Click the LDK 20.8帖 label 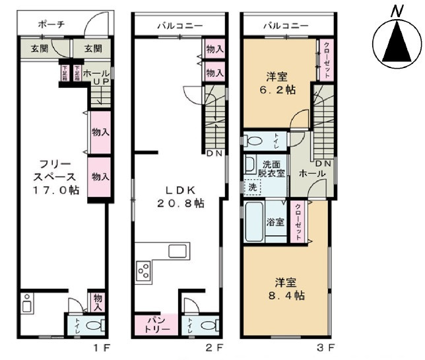coord(180,196)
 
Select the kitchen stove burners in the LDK coord(143,270)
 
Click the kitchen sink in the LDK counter coord(179,252)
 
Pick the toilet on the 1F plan coord(92,325)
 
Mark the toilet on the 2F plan coord(207,325)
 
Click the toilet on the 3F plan coord(255,141)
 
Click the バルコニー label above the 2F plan coord(179,26)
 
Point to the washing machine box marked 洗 coord(251,187)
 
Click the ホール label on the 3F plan coord(311,173)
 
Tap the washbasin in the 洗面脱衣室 coord(251,164)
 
